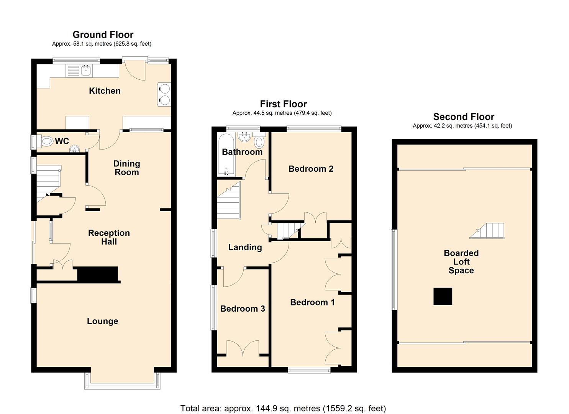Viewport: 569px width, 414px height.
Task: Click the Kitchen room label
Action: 105,91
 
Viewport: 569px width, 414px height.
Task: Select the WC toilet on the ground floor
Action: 46,141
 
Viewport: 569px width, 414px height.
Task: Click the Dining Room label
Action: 126,168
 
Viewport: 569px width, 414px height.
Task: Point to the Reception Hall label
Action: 109,237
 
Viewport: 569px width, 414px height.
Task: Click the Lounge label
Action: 102,321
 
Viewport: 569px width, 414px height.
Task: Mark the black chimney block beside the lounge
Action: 98,274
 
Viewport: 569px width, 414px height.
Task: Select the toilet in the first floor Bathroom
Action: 259,141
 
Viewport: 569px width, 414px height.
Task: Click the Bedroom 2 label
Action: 311,169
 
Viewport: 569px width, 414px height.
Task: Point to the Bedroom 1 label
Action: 312,302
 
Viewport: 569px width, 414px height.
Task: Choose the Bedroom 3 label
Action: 243,309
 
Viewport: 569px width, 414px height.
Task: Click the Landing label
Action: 245,247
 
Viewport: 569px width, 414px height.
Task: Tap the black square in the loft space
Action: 443,296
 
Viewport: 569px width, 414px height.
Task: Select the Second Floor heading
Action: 464,117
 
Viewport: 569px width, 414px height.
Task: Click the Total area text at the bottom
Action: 283,408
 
